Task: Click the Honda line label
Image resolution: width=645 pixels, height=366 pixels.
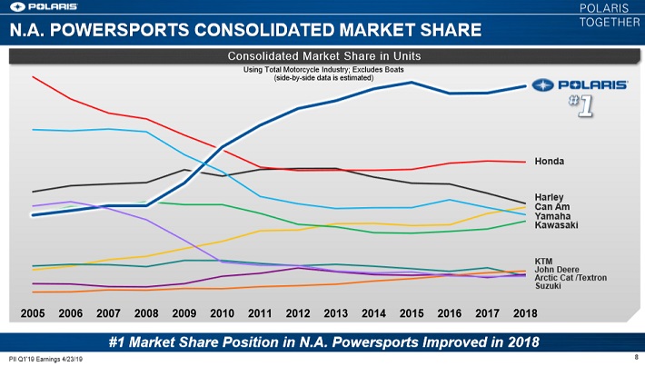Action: pyautogui.click(x=550, y=162)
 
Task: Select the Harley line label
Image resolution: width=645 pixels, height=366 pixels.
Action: pyautogui.click(x=550, y=197)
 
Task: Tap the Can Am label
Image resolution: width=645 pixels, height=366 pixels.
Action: pyautogui.click(x=551, y=206)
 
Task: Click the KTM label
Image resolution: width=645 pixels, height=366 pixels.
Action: pyautogui.click(x=544, y=261)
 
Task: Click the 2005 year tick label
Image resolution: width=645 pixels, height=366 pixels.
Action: pyautogui.click(x=33, y=313)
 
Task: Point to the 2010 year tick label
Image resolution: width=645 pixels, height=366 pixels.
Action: pyautogui.click(x=223, y=313)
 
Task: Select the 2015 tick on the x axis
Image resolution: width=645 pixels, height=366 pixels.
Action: pyautogui.click(x=412, y=313)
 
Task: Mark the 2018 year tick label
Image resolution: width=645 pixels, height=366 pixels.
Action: pyautogui.click(x=525, y=313)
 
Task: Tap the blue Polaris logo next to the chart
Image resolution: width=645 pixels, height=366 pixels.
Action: pyautogui.click(x=580, y=84)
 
